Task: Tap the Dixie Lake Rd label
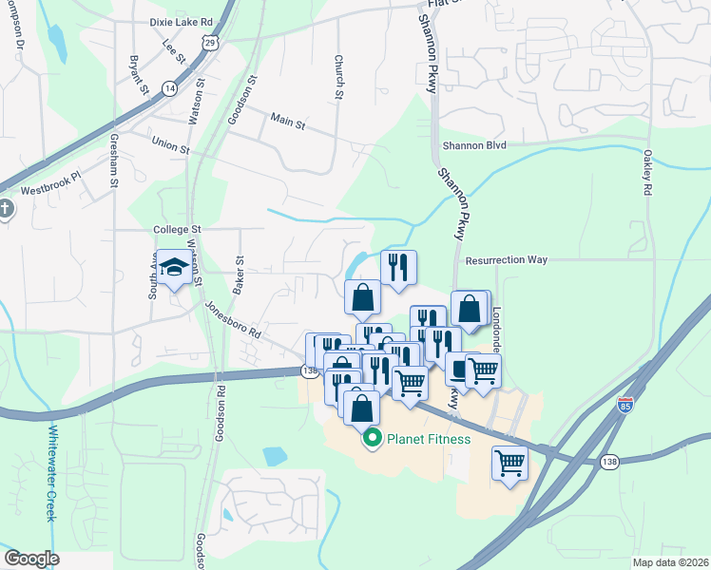point(181,21)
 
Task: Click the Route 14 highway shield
point(170,87)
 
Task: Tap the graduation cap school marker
point(174,269)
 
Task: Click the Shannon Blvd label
point(474,145)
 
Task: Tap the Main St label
point(287,123)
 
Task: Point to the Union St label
point(171,145)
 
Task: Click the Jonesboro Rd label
point(232,319)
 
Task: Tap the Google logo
point(31,559)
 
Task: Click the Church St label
point(338,75)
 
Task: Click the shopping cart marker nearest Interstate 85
point(510,464)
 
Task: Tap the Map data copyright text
point(670,562)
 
